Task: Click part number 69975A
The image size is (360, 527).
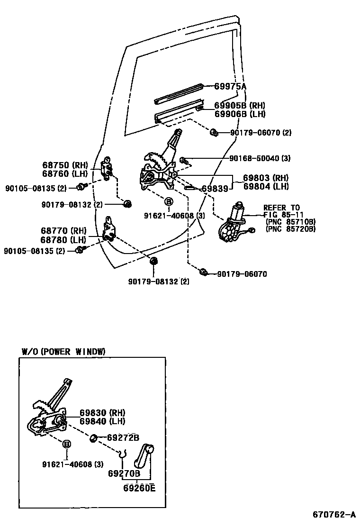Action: click(x=230, y=86)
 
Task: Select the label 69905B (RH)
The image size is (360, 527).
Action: click(x=240, y=106)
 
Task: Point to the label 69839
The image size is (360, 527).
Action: click(x=215, y=189)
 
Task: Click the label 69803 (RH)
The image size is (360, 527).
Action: click(x=266, y=178)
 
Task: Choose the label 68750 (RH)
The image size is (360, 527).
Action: click(x=65, y=165)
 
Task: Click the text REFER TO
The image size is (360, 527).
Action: click(x=281, y=208)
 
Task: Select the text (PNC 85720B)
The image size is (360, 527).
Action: click(x=290, y=229)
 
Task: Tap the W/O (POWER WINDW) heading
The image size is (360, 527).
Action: click(x=63, y=351)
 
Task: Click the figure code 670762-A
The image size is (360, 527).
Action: click(x=333, y=514)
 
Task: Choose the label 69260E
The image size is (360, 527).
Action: click(x=139, y=488)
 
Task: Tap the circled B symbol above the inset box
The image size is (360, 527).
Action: click(x=168, y=202)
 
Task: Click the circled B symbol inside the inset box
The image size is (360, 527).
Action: click(x=67, y=444)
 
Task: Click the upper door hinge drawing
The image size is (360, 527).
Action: click(x=108, y=167)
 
